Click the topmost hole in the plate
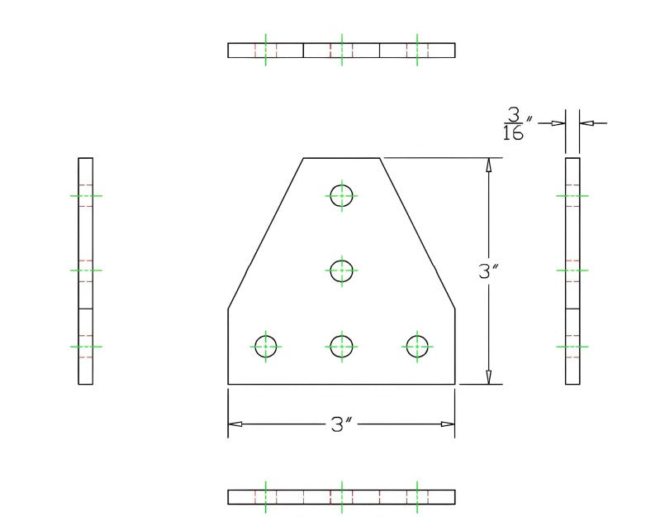point(341,196)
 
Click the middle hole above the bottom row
point(341,270)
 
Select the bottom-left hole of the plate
point(266,346)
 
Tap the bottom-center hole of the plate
point(341,346)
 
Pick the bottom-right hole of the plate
point(417,346)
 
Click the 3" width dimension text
point(341,424)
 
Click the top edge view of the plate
point(341,50)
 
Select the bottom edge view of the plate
point(341,496)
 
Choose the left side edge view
point(85,271)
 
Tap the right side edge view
point(572,271)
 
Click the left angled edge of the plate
point(266,232)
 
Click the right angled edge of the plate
point(417,232)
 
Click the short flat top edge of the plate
point(341,157)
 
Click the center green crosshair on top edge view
point(341,50)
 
